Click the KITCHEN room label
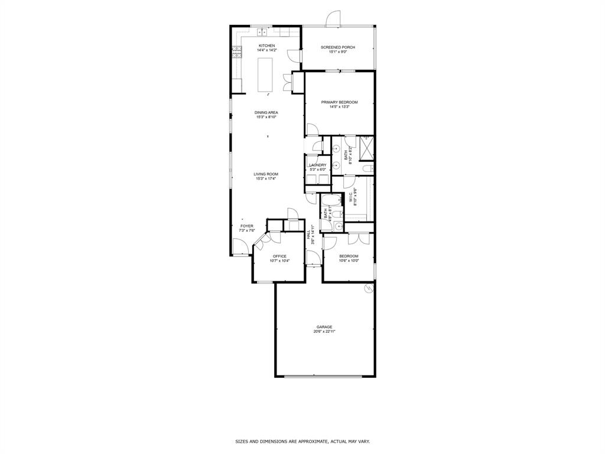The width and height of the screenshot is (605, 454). point(266,46)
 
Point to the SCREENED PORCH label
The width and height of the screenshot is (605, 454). point(337,47)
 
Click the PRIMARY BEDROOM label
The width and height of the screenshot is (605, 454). point(339,102)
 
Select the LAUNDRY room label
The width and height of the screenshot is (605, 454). point(317,165)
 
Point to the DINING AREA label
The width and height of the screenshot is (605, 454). point(266,112)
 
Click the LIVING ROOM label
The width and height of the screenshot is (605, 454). point(266,174)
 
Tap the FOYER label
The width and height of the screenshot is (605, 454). point(246,226)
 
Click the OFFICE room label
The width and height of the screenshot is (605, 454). point(279,256)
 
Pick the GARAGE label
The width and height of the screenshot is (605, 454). point(324,327)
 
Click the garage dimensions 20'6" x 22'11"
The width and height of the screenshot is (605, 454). point(324,332)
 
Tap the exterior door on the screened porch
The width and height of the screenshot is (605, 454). point(334,19)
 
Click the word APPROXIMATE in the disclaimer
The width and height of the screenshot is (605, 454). point(315,442)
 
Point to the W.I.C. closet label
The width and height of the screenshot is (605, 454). point(352,197)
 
